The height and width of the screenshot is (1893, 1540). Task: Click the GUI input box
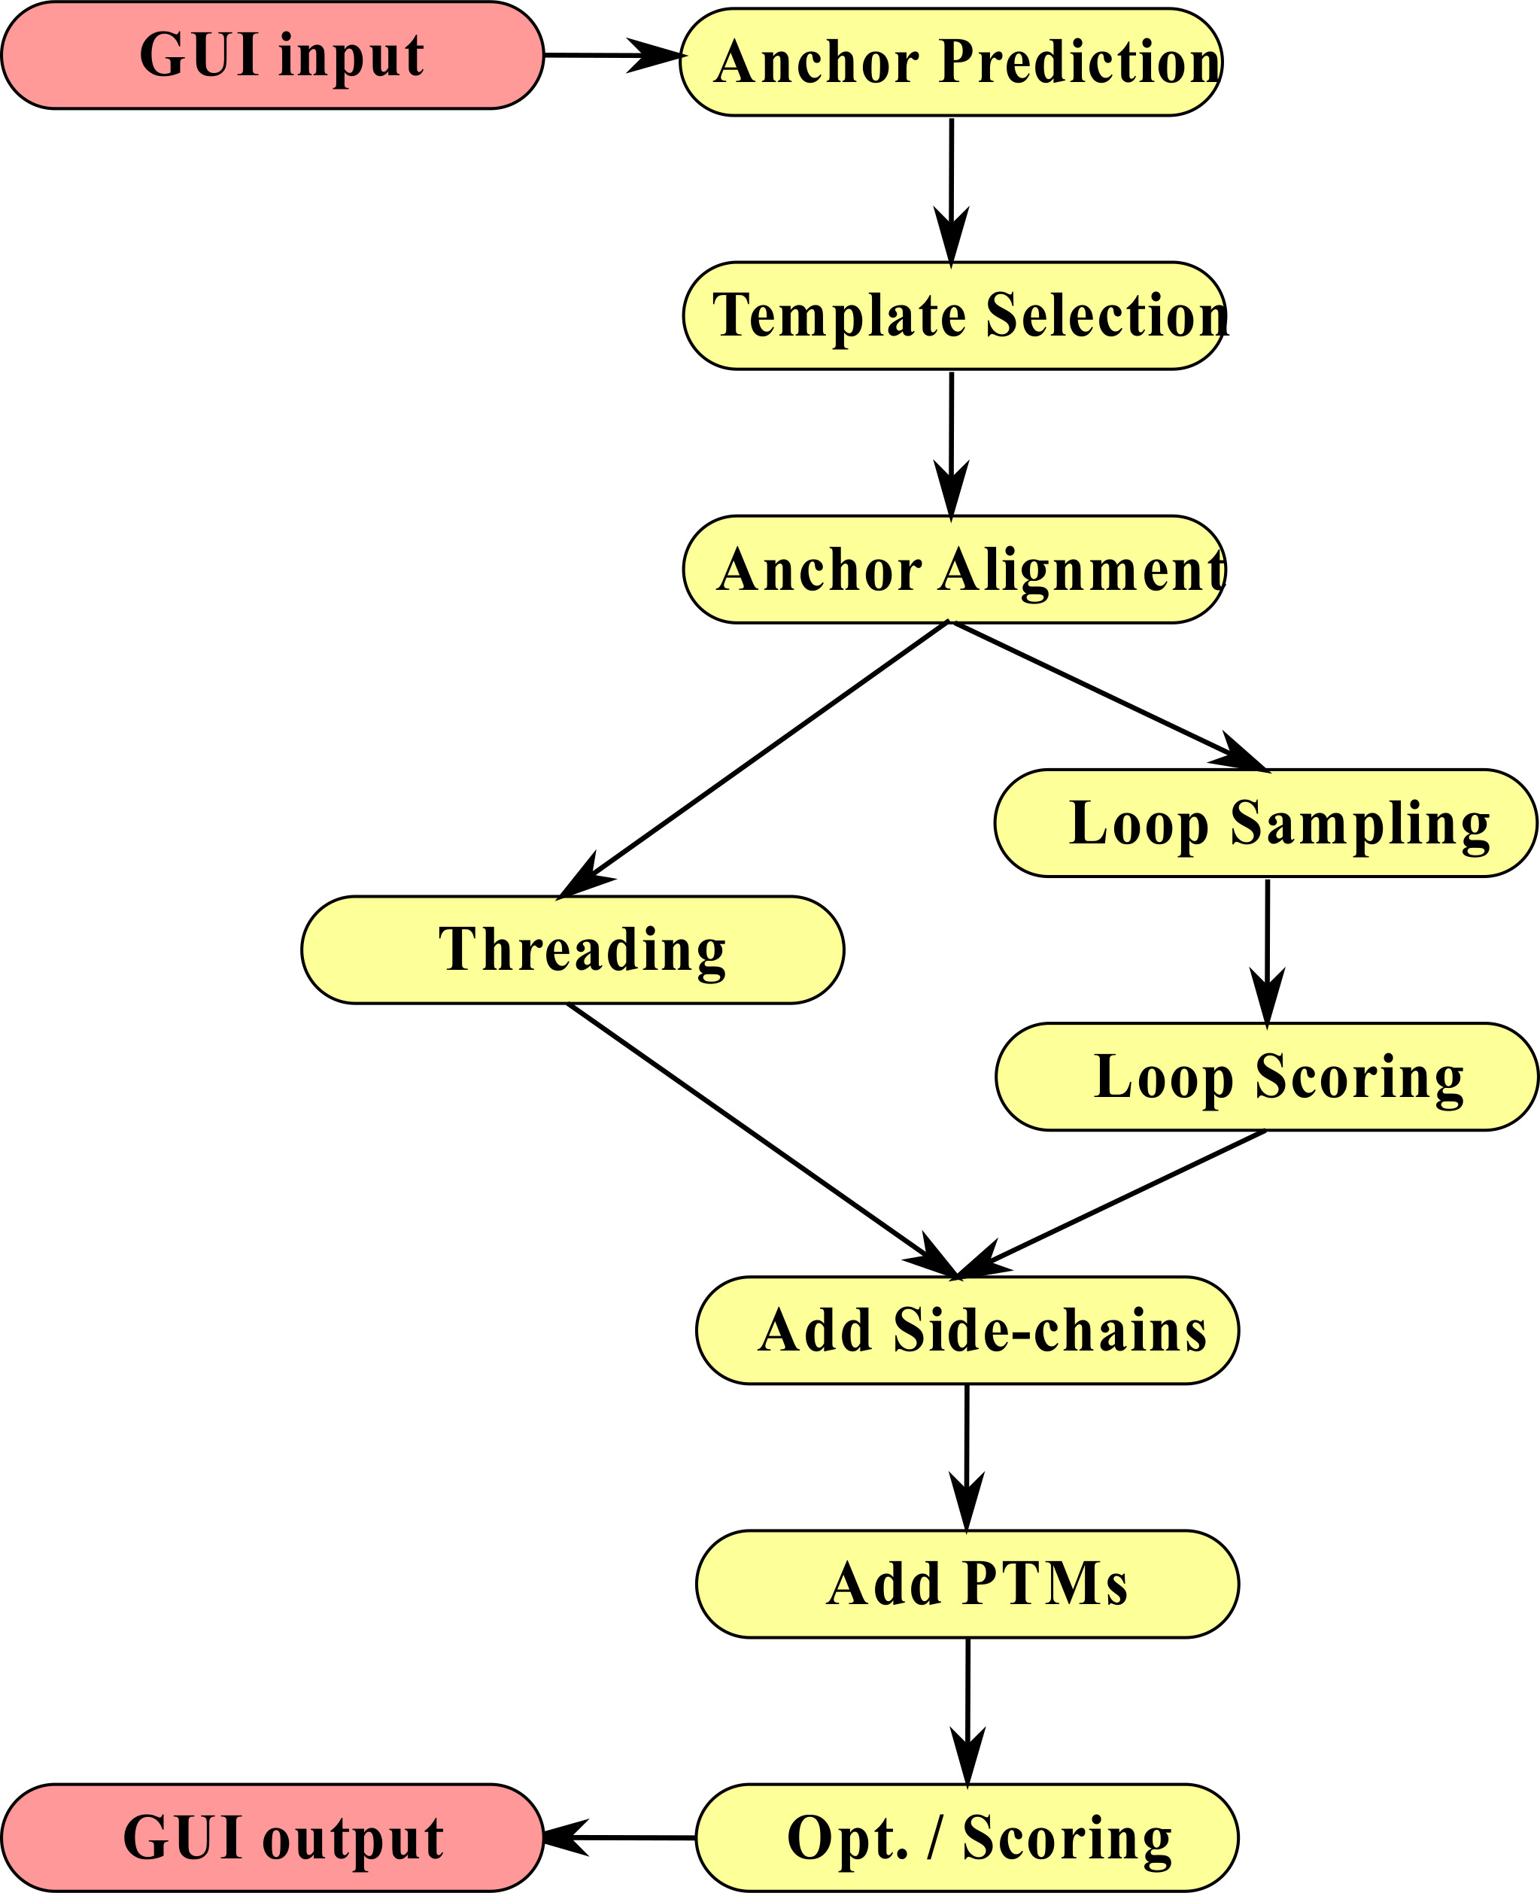pos(272,55)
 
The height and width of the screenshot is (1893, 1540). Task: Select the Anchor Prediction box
pos(951,62)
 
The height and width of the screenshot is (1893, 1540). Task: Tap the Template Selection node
pos(954,316)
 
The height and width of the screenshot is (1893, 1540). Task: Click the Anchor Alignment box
pos(954,570)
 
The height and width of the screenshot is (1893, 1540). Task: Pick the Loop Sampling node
pos(1265,823)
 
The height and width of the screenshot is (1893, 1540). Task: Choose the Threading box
pos(573,950)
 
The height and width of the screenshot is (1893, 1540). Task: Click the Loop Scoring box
pos(1266,1077)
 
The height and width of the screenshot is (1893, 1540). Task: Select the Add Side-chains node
pos(967,1331)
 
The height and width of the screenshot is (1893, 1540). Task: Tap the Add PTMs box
pos(967,1585)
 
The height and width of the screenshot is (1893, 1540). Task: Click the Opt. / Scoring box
pos(967,1838)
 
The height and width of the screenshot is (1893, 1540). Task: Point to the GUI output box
pos(272,1838)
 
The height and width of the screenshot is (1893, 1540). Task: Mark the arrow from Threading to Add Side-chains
pos(763,1140)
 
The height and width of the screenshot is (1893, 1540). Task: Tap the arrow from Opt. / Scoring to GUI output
pos(621,1838)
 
